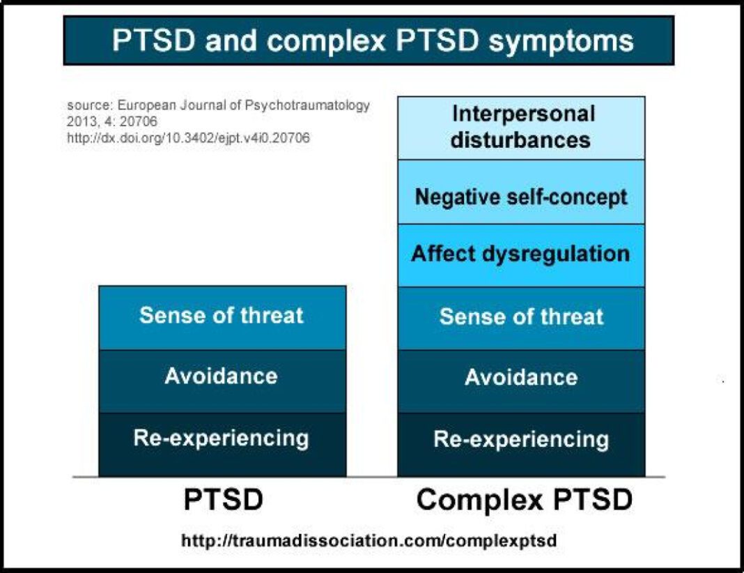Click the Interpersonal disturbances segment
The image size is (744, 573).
click(x=521, y=128)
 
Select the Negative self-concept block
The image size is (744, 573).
click(x=521, y=197)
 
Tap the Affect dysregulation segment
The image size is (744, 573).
click(x=521, y=253)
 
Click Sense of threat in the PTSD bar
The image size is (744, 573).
click(x=222, y=316)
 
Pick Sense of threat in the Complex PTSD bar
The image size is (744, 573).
click(x=521, y=317)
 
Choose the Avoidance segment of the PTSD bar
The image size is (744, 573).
click(x=222, y=377)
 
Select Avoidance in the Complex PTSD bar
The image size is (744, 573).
click(x=521, y=379)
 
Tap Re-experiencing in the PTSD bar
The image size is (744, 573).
click(x=222, y=438)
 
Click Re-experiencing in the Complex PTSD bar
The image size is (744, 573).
click(x=521, y=440)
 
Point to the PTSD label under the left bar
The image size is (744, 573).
click(x=224, y=500)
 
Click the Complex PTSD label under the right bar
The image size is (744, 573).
click(x=524, y=500)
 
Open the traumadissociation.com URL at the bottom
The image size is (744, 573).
click(x=369, y=541)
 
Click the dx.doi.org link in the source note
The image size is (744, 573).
click(x=188, y=138)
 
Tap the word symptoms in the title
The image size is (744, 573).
click(x=561, y=40)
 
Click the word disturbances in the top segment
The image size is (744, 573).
click(x=520, y=139)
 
